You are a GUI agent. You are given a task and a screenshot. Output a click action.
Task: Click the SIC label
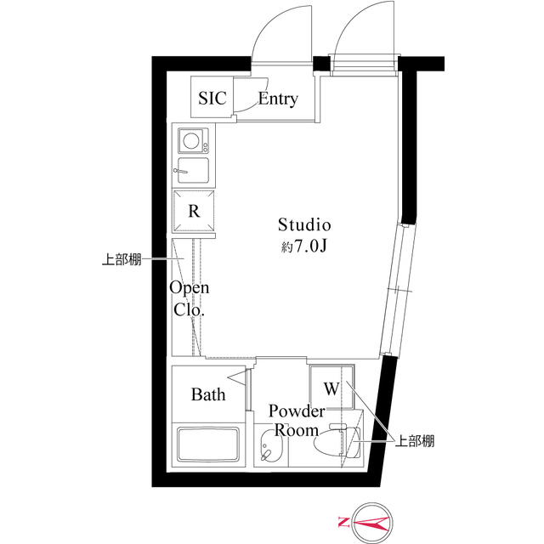coord(212,99)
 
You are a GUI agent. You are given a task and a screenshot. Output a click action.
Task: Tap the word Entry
coord(278,99)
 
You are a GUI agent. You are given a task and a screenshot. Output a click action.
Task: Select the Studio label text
coord(303,225)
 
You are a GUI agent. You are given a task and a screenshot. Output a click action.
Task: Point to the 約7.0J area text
coord(303,247)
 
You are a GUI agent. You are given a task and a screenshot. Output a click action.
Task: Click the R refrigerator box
coord(195,212)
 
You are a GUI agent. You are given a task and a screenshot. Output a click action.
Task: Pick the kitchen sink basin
coord(194,170)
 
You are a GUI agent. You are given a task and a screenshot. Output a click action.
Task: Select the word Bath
coord(208,394)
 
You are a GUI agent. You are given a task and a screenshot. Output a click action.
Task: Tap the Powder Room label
coord(296,420)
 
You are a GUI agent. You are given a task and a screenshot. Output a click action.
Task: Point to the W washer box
coord(330,389)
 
